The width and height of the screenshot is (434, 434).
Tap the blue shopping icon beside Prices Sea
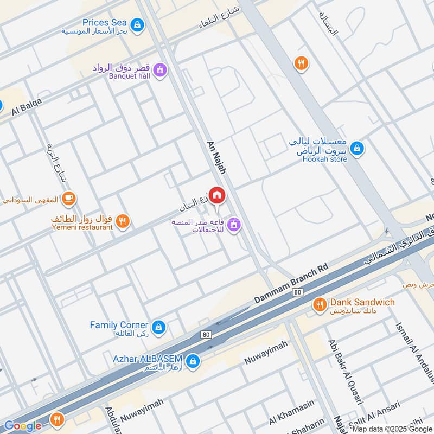tap(138, 24)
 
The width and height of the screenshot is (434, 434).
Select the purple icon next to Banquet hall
tap(160, 69)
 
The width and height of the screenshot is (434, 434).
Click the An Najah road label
tap(216, 158)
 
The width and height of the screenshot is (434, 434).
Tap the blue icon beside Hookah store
tap(356, 147)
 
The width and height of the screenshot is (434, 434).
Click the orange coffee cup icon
tap(69, 198)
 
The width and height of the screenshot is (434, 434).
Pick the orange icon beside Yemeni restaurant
tap(124, 220)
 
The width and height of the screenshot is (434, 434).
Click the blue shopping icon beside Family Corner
tap(158, 327)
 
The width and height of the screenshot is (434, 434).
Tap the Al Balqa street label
tap(27, 109)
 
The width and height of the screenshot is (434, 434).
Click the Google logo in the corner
tap(23, 425)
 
